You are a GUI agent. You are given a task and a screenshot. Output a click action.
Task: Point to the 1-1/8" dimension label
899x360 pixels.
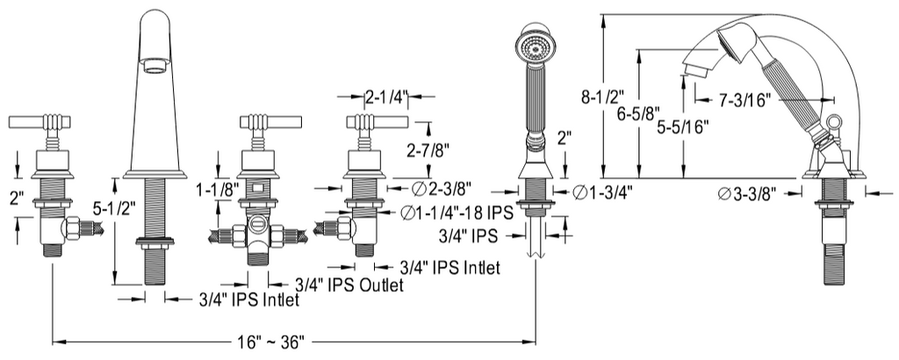click(215, 188)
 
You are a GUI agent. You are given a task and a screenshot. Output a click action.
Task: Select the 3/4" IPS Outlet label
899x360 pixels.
click(349, 285)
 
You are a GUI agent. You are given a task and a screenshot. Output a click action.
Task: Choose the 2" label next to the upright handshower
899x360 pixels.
click(565, 138)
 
